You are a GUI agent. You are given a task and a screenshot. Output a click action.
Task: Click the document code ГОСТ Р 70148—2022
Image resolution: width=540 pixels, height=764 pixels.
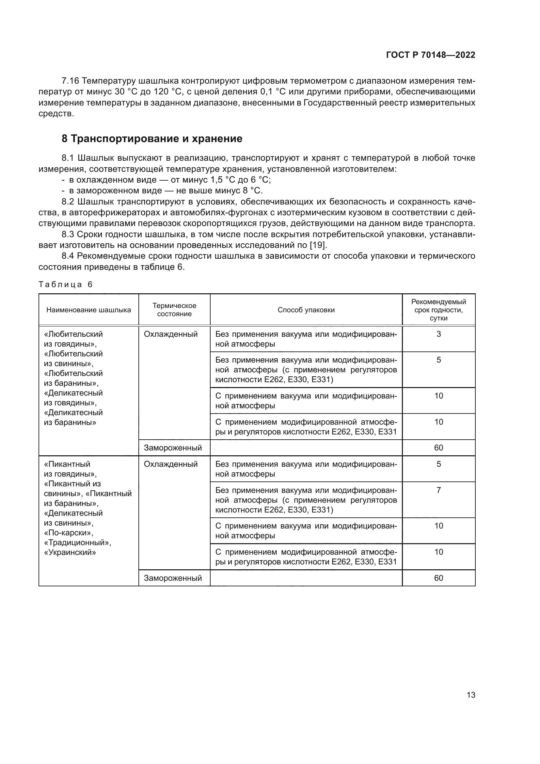(x=431, y=55)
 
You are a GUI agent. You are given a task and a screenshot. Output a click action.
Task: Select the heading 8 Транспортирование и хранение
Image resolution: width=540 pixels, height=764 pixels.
(x=152, y=139)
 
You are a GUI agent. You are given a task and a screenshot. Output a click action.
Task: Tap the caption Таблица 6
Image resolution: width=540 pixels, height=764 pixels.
(x=66, y=284)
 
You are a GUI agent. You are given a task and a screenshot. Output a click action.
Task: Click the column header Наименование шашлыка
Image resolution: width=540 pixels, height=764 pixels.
(x=88, y=310)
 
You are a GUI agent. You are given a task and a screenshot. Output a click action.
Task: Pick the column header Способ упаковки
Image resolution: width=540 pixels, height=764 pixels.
(x=306, y=310)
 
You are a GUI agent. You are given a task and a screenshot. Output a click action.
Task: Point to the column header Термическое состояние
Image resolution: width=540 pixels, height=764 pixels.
(x=174, y=310)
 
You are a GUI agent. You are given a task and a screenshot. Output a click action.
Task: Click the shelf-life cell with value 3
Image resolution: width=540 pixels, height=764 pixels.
(x=438, y=334)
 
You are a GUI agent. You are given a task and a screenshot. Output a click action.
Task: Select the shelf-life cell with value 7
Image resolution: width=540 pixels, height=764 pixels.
(x=438, y=490)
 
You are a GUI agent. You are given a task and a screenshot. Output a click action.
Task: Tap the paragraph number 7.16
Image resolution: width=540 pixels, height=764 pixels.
(x=70, y=81)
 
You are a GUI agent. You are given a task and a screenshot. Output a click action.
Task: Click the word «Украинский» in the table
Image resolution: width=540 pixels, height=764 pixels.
(x=70, y=553)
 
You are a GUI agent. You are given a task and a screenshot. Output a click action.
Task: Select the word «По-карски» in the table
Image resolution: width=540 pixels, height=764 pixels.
(x=69, y=533)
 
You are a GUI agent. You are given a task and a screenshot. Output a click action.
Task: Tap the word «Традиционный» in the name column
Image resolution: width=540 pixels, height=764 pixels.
(x=77, y=543)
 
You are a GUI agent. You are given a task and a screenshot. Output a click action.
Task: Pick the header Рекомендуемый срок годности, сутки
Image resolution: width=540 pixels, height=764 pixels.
(x=438, y=310)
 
